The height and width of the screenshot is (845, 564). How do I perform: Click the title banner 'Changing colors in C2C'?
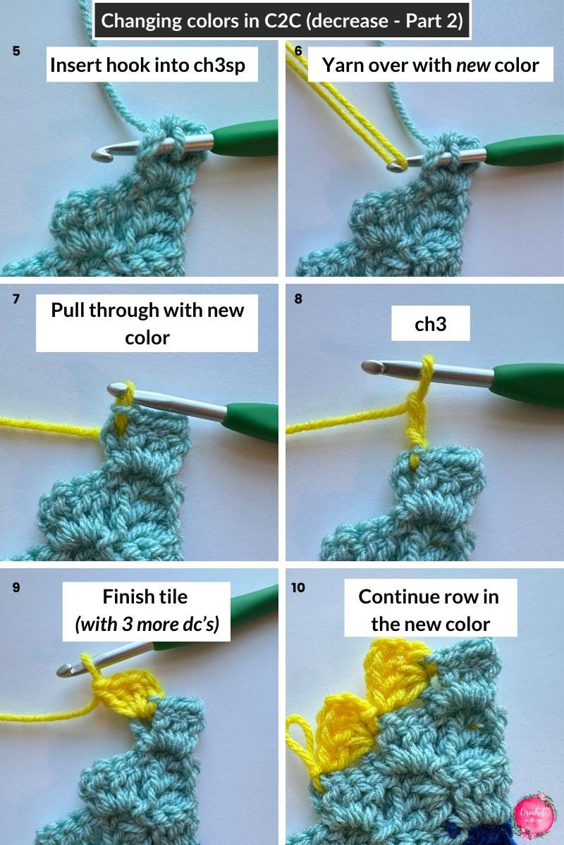point(282,21)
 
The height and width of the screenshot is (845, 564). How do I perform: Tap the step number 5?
point(16,51)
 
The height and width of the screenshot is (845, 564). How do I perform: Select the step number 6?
point(298,51)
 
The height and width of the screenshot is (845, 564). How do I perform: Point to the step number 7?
point(16,299)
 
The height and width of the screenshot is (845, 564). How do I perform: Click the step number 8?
point(298,299)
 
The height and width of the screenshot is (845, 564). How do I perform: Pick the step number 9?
point(16,587)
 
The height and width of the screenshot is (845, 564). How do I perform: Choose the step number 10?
point(298,587)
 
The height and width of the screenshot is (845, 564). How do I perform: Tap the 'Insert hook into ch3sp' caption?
point(152,65)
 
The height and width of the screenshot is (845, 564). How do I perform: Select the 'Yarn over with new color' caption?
point(430,65)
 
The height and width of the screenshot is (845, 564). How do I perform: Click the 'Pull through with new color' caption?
point(147,323)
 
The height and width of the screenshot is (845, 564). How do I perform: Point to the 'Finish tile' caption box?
point(146,611)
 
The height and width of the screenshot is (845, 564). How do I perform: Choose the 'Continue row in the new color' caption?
point(429,608)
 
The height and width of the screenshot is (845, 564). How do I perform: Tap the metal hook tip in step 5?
point(103,154)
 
